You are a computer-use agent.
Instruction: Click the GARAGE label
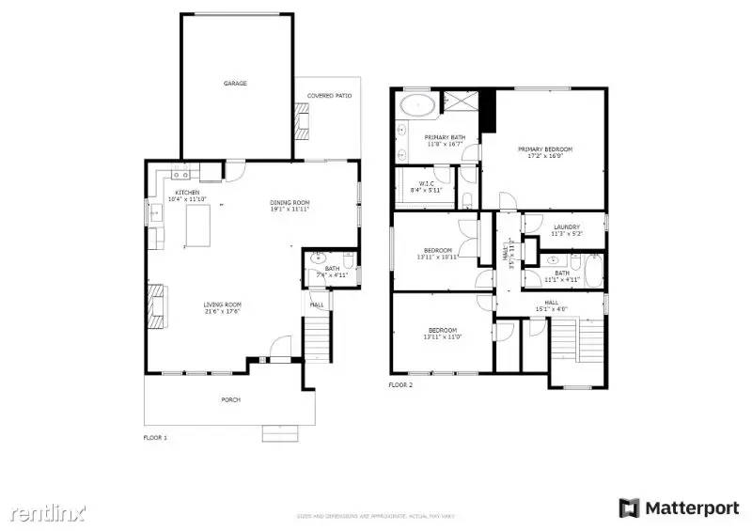[235, 84]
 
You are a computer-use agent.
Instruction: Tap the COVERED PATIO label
[329, 95]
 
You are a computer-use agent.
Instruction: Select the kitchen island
[197, 226]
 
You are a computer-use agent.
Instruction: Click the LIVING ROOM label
[224, 304]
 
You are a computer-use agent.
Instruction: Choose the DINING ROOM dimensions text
[290, 209]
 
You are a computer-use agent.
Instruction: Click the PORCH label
[230, 399]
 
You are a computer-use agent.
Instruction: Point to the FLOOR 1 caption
[155, 438]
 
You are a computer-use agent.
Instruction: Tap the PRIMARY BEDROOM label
[545, 148]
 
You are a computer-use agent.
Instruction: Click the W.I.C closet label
[426, 183]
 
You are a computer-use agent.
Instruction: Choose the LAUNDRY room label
[566, 226]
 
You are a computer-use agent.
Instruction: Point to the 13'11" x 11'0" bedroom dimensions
[443, 336]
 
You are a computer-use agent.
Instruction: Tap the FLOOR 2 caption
[400, 384]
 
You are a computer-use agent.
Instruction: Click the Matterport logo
[679, 508]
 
